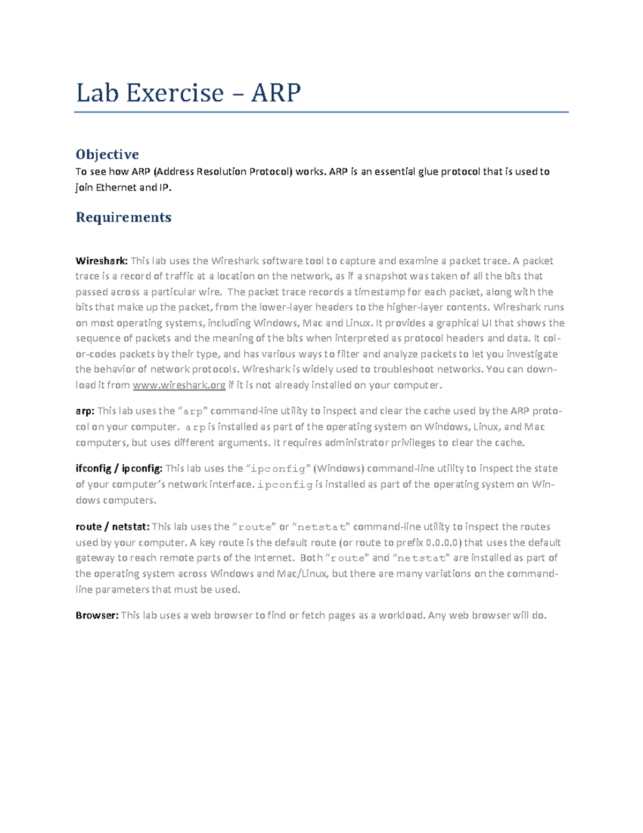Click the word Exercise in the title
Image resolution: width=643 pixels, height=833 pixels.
pyautogui.click(x=175, y=93)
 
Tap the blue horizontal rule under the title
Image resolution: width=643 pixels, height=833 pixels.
pyautogui.click(x=321, y=112)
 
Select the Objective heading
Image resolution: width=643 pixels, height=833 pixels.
pyautogui.click(x=107, y=154)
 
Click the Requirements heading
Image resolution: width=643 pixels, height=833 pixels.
pyautogui.click(x=123, y=217)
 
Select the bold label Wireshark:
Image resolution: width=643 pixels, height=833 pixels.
pyautogui.click(x=101, y=261)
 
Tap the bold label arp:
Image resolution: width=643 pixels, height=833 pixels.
pyautogui.click(x=85, y=411)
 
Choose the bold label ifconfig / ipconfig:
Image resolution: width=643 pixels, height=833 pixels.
pyautogui.click(x=118, y=468)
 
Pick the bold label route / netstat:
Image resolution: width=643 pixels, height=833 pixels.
pyautogui.click(x=113, y=527)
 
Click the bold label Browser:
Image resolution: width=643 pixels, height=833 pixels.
pyautogui.click(x=96, y=615)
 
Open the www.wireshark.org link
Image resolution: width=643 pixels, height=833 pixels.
pyautogui.click(x=179, y=385)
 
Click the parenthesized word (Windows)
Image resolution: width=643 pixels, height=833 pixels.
pyautogui.click(x=339, y=468)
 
